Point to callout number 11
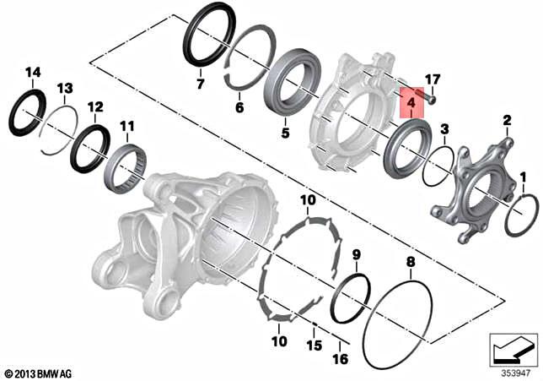point(126,126)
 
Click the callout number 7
point(200,84)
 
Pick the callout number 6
point(239,107)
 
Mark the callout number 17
point(433,79)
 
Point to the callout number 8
point(411,262)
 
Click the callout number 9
point(357,254)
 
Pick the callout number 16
point(340,358)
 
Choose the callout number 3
point(444,128)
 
